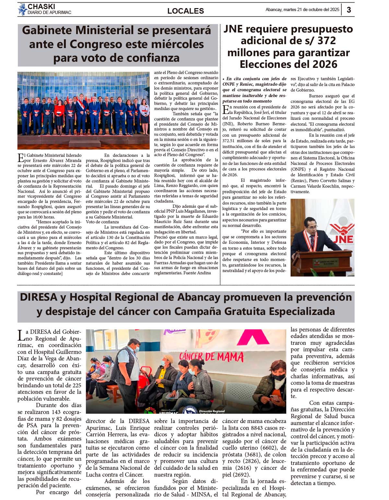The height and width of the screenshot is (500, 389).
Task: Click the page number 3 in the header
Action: pyautogui.click(x=349, y=10)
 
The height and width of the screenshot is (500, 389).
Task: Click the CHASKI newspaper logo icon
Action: pyautogui.click(x=22, y=9)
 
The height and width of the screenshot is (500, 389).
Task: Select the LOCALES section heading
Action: pyautogui.click(x=185, y=11)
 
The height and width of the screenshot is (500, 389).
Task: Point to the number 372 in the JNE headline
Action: pyautogui.click(x=326, y=41)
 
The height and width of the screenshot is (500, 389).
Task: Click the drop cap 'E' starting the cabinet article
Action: pyautogui.click(x=20, y=158)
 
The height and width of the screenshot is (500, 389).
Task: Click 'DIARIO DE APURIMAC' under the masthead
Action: pyautogui.click(x=49, y=13)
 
